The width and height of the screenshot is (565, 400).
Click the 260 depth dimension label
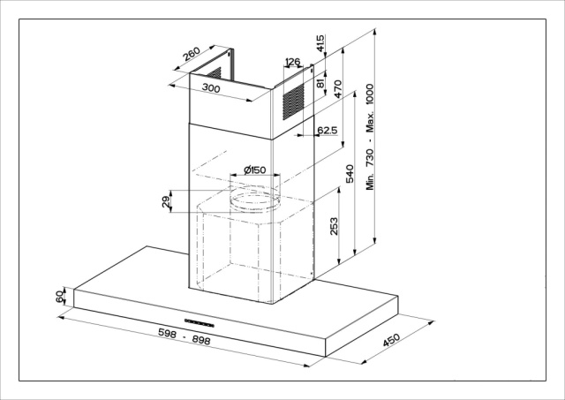pyautogui.click(x=191, y=53)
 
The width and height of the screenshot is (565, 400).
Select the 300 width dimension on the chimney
pyautogui.click(x=211, y=87)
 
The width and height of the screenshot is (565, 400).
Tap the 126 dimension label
pyautogui.click(x=292, y=62)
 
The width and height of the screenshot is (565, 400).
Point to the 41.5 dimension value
pyautogui.click(x=320, y=43)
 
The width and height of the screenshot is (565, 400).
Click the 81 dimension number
pyautogui.click(x=320, y=84)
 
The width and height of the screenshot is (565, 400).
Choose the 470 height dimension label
pyautogui.click(x=337, y=89)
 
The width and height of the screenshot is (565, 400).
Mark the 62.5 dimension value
pyautogui.click(x=328, y=130)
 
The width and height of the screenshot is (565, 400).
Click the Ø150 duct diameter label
pyautogui.click(x=255, y=170)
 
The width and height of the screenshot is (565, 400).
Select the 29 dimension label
pyautogui.click(x=166, y=201)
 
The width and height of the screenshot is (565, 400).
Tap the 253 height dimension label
pyautogui.click(x=334, y=226)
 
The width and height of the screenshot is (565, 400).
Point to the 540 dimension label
pyautogui.click(x=350, y=174)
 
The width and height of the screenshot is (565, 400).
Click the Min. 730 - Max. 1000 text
pyautogui.click(x=370, y=137)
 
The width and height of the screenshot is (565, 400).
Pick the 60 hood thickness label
pyautogui.click(x=60, y=297)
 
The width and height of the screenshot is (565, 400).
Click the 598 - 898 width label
pyautogui.click(x=185, y=336)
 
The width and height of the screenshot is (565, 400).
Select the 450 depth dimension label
pyautogui.click(x=391, y=340)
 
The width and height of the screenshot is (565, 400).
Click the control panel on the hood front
pyautogui.click(x=200, y=323)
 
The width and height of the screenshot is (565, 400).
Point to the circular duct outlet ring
pyautogui.click(x=255, y=200)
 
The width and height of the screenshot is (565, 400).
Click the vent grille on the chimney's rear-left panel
pyautogui.click(x=215, y=73)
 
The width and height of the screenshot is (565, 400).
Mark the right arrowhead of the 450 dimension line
pyautogui.click(x=432, y=322)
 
